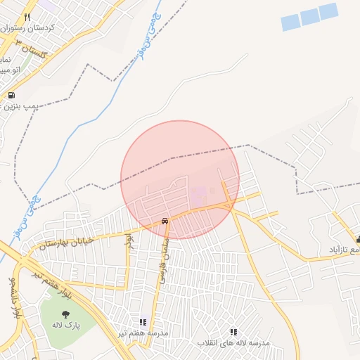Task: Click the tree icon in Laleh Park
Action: coord(65,314)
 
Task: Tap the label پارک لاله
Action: coord(66,326)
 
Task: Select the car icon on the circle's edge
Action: coord(164,221)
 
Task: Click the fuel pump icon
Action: coord(11,95)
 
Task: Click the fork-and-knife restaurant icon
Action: coord(27,17)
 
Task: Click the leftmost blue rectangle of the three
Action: coord(290,22)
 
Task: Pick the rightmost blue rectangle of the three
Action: coord(328,12)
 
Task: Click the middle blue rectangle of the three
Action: coord(309,18)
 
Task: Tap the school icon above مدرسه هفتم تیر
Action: coord(143,321)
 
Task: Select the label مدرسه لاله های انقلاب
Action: coord(233,342)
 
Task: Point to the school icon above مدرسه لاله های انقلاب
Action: coord(233,332)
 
